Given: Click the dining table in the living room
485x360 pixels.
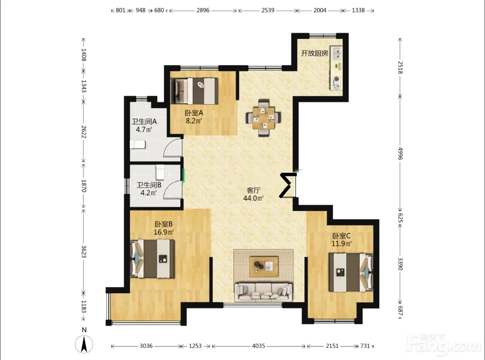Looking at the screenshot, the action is pos(263,118).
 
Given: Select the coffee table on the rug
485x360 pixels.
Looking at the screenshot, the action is pos(264,266).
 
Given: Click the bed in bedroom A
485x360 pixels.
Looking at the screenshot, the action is pos(194,91).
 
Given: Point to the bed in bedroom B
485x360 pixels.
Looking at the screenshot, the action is pos(153,259).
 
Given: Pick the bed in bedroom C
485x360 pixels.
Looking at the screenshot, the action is pos(351,272).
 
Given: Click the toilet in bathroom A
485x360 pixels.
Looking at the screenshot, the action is pos(138,145).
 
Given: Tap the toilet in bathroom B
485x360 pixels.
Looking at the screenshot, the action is pos(160,172).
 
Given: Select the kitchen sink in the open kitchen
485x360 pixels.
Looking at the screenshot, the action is pos(337,53).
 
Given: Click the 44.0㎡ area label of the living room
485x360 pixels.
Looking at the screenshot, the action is pos(253,198).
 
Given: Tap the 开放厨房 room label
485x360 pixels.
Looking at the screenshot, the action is pos(315,53).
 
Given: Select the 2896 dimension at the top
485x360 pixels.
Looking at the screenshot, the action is pos(203,10).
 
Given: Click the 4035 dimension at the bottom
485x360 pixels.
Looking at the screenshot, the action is pos(258,346).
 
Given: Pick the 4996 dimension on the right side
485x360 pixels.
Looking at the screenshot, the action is pos(400,154).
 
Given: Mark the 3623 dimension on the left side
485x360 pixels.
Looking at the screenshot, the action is pos(83,251).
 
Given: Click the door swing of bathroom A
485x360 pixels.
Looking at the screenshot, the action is pos(172,148).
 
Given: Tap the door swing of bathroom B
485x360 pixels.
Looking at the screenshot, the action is pos(172,189).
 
